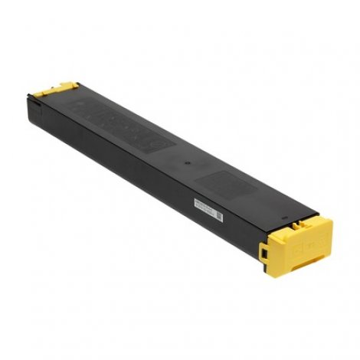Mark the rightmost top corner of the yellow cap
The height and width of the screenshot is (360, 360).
click(x=332, y=224)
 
